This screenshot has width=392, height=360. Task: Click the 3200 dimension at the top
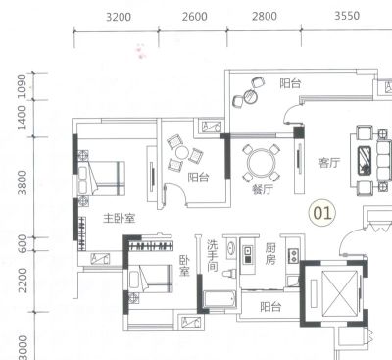(119, 17)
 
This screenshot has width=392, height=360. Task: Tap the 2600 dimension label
(195, 17)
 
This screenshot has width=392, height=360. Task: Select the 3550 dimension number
(347, 16)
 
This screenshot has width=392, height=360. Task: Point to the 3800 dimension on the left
(23, 182)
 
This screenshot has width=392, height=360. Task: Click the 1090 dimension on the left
(22, 86)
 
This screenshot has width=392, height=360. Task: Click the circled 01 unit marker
(322, 213)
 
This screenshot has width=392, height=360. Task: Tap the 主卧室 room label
(120, 218)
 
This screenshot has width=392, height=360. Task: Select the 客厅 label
(329, 163)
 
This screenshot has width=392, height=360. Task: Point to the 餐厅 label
(263, 189)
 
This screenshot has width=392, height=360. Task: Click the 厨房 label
(270, 254)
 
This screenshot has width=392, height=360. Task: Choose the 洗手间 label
(213, 256)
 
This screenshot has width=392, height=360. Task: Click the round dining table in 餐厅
(262, 163)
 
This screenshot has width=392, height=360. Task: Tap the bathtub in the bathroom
(220, 299)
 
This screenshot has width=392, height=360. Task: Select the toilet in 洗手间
(230, 273)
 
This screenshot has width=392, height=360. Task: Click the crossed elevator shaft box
(338, 293)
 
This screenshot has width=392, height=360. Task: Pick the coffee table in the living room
(365, 160)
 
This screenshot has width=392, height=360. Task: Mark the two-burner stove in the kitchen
(293, 256)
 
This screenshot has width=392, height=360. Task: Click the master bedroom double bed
(101, 179)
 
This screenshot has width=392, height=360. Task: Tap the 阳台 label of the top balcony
(290, 83)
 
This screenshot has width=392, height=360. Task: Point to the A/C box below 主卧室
(100, 259)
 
